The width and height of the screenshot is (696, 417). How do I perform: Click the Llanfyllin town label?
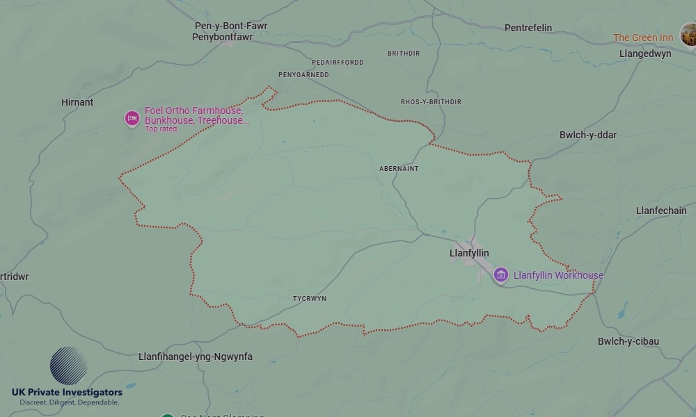pos(469,254)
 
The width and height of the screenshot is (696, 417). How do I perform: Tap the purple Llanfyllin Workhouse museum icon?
pos(500,275)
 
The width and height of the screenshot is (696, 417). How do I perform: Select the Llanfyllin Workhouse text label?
pos(558,275)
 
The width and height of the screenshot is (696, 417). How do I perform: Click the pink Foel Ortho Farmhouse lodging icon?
pos(132,119)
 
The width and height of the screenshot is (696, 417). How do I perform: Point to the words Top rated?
pos(160,129)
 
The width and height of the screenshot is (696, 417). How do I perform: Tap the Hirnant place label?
pos(77,102)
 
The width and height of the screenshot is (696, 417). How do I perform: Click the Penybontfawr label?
pos(223,37)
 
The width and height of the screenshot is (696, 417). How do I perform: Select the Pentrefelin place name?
pos(528,28)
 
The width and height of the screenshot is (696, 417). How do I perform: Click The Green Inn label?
pos(643,38)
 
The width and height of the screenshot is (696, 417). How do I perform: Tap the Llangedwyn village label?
pos(645,54)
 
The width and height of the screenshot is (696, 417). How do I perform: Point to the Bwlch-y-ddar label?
pos(587,135)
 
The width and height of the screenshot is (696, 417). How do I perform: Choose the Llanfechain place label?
pos(661,211)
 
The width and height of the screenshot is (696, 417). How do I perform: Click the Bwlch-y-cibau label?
pos(628,341)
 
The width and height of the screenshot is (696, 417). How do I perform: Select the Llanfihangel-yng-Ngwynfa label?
pos(196,357)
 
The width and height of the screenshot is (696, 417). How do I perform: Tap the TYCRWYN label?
pos(310,299)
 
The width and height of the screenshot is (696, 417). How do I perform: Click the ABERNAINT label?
pos(399,169)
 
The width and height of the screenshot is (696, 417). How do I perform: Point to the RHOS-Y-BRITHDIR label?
pos(431,102)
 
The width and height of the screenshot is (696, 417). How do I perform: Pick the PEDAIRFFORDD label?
pos(338,63)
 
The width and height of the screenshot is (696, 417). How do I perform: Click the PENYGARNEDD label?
pos(303,75)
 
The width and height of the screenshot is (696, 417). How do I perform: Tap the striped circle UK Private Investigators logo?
pos(68,366)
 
